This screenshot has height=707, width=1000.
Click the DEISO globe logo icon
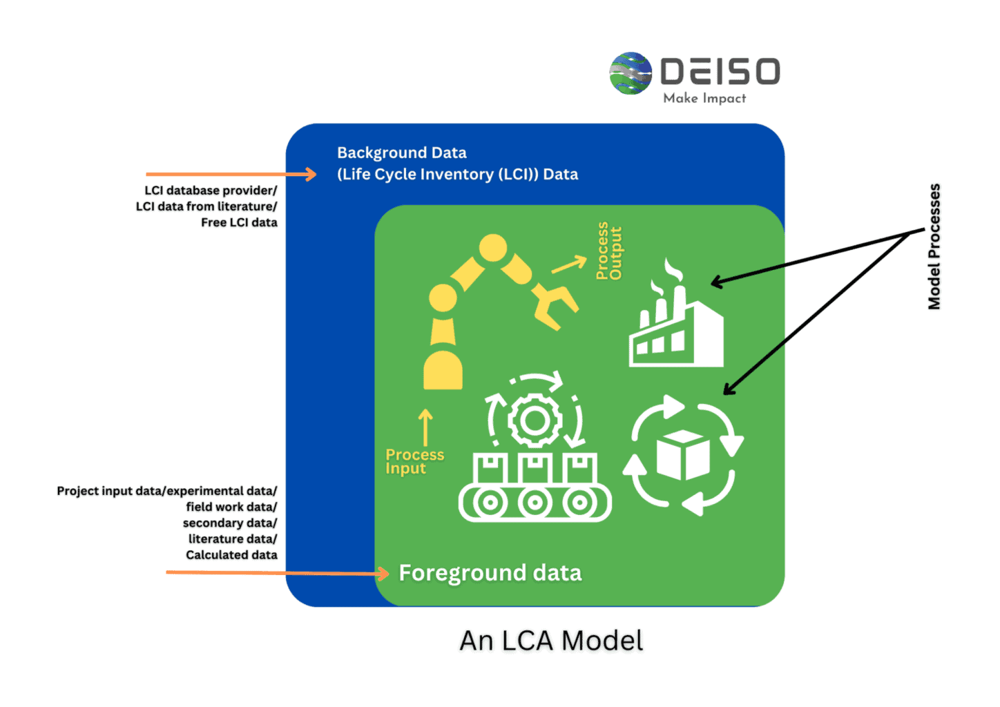[x=630, y=73]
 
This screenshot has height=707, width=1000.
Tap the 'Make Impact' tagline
[x=704, y=99]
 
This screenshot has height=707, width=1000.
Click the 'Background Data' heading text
[x=401, y=153]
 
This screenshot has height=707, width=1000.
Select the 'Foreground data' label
[x=490, y=573]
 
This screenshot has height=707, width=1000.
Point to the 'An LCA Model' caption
[x=551, y=641]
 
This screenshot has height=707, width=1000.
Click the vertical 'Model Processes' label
[x=934, y=246]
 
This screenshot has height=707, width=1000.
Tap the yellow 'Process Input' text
[x=414, y=462]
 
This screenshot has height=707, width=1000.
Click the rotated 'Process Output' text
[x=608, y=251]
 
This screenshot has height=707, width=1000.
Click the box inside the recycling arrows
[x=683, y=455]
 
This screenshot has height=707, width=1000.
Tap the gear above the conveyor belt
[x=534, y=420]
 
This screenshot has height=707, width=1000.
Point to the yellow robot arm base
[x=443, y=370]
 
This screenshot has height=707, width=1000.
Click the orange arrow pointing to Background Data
[x=231, y=175]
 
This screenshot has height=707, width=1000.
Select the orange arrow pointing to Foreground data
[x=276, y=573]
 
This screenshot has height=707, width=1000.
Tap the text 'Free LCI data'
[x=239, y=222]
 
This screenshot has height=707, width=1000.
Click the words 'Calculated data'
[x=231, y=555]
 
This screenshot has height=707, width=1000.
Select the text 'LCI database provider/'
[x=211, y=191]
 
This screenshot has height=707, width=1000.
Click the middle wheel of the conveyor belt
[x=535, y=503]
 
